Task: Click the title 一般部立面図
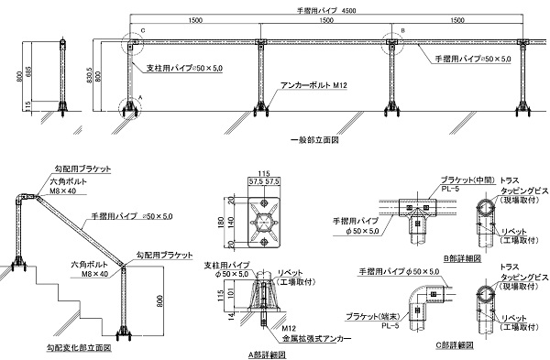tap(314, 140)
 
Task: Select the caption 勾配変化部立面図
tap(79, 348)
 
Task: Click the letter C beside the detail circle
tap(142, 31)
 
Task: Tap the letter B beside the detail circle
tap(401, 31)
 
